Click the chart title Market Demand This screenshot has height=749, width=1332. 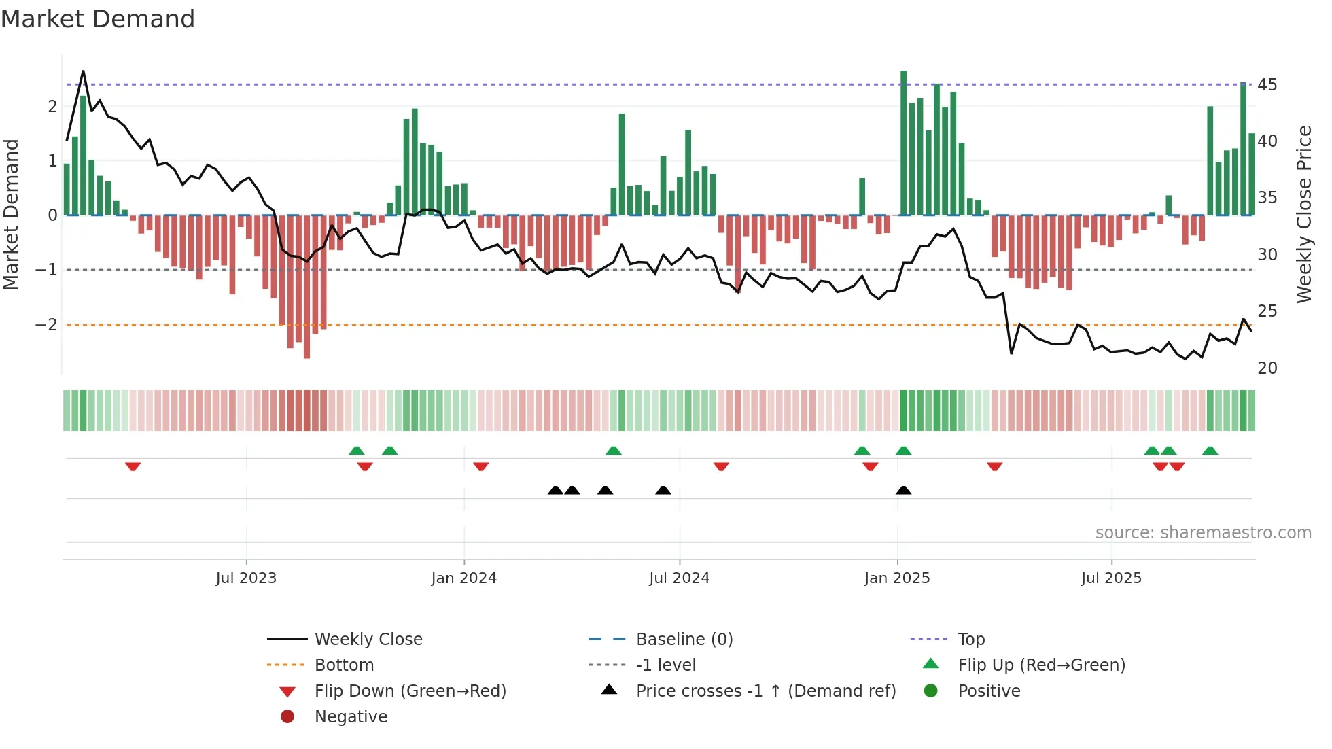(98, 19)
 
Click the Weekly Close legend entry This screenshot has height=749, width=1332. (368, 639)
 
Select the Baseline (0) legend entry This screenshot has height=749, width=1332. (684, 639)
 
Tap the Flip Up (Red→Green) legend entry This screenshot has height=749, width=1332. (1041, 665)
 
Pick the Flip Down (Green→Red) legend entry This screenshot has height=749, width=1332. (410, 691)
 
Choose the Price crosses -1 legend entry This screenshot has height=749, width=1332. (765, 691)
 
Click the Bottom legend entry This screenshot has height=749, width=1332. (344, 665)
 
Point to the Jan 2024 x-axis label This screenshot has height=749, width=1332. (463, 578)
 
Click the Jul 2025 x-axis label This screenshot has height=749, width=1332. (1111, 578)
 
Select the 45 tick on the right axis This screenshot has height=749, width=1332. (1267, 85)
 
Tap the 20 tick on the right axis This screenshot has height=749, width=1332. (1267, 368)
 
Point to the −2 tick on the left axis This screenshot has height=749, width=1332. (47, 325)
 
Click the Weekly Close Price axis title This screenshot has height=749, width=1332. (1303, 214)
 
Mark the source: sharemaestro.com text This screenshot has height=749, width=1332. (1203, 532)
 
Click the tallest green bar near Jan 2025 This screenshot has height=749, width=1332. (903, 143)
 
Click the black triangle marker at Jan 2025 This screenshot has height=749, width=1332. (903, 491)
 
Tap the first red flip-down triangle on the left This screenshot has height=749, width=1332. (133, 466)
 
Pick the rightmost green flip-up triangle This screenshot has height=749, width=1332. (1210, 451)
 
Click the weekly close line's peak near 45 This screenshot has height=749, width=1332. (83, 71)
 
